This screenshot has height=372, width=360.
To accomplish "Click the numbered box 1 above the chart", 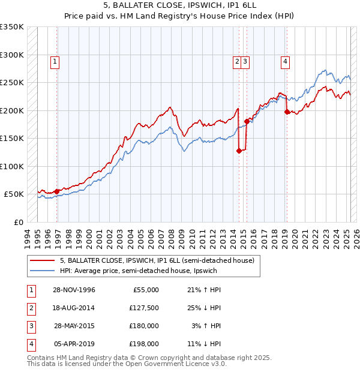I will tap(55, 61).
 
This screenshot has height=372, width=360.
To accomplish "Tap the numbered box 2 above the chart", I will tap(238, 61).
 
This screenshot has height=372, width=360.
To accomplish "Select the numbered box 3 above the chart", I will tap(246, 61).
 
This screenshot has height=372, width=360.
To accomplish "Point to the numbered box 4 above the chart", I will tap(285, 61).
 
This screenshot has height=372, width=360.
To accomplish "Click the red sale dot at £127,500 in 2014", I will tap(239, 151).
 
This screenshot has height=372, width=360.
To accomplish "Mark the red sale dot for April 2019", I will tap(287, 112).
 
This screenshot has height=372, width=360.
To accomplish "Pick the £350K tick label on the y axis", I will tap(12, 27).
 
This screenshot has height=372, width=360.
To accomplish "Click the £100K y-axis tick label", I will tap(12, 166).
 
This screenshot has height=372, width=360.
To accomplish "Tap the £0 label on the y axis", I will tap(18, 222).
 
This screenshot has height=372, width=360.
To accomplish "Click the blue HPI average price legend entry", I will tap(139, 271).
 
